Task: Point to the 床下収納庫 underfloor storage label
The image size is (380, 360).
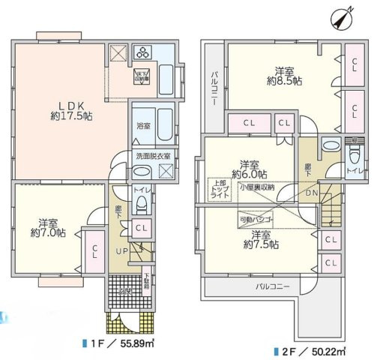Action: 141,75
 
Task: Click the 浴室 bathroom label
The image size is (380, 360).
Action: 142,127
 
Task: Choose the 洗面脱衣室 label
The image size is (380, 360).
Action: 152,155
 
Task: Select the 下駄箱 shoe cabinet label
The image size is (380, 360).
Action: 147,280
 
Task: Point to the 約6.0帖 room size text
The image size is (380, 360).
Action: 247,174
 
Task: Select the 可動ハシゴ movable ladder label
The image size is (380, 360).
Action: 255,220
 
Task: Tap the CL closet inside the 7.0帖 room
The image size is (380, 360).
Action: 94,254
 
